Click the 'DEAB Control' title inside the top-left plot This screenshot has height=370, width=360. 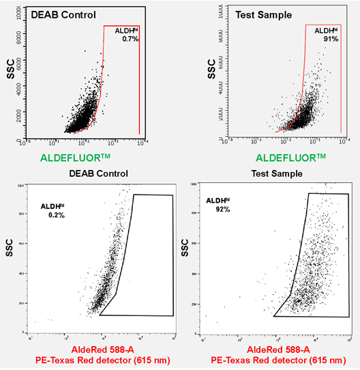tap(61, 14)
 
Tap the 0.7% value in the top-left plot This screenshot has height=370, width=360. tap(130, 40)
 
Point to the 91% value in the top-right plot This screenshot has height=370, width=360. tap(331, 40)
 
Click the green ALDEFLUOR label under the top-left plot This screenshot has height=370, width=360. tap(75, 158)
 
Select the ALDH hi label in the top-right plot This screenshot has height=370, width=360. tap(326, 31)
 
